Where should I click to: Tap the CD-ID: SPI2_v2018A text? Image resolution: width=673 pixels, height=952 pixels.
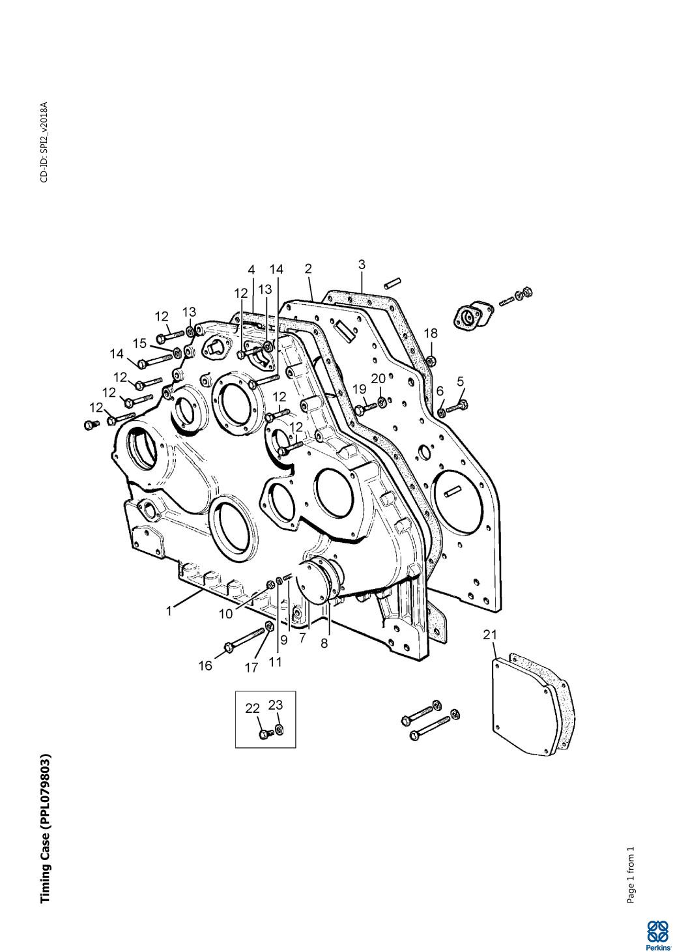[44, 141]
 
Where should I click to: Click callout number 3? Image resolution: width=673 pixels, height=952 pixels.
[362, 265]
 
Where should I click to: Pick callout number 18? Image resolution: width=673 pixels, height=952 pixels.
[431, 333]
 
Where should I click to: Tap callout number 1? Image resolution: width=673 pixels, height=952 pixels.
[169, 611]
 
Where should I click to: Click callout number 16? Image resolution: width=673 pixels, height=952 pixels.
[206, 665]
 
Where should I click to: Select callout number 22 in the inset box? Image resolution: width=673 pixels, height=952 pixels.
[252, 708]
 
